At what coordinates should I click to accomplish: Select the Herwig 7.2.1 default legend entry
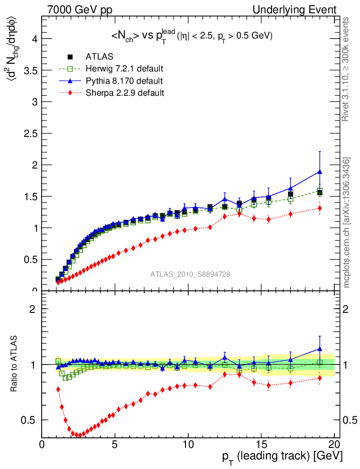click(x=124, y=69)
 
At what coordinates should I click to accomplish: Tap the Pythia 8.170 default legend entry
click(x=124, y=81)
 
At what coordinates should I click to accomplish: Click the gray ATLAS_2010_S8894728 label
click(x=190, y=274)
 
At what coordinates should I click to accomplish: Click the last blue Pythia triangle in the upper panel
click(x=320, y=172)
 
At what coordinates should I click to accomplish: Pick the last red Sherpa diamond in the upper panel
click(x=320, y=208)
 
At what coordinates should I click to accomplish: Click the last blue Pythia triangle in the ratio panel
click(x=320, y=349)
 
